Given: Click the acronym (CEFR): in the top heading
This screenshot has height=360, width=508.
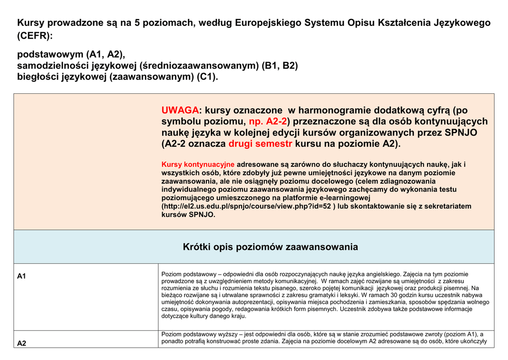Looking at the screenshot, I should click(x=35, y=36).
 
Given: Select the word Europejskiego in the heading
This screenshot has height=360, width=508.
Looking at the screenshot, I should click(x=267, y=23).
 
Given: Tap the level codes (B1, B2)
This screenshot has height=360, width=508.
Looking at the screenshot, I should click(x=280, y=66).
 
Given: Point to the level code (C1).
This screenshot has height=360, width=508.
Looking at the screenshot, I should click(x=207, y=77).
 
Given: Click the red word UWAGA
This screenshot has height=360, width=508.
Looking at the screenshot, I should click(x=180, y=110).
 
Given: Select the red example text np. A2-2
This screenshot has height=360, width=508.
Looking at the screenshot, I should click(x=268, y=122).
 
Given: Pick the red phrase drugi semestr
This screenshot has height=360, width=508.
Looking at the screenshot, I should click(x=260, y=144).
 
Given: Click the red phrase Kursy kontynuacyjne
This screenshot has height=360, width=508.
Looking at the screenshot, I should click(x=198, y=164).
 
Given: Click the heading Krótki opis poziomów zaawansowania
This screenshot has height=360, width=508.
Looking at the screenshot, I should click(x=270, y=247).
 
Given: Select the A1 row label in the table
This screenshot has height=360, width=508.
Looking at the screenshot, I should click(x=21, y=277).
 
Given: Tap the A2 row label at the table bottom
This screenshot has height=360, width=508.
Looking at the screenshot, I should click(x=22, y=343).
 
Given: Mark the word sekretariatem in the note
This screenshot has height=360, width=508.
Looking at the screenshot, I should click(x=444, y=206).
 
